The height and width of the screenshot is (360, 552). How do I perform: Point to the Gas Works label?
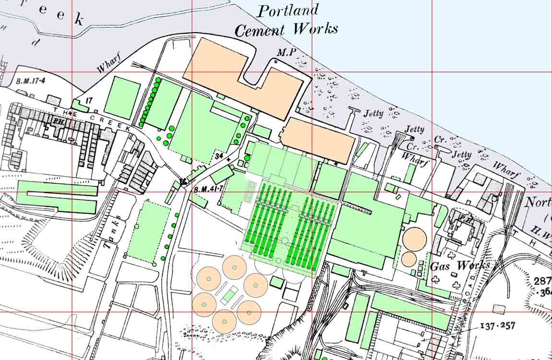pyautogui.click(x=460, y=265)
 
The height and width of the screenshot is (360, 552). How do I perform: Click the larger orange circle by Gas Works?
pyautogui.click(x=414, y=239)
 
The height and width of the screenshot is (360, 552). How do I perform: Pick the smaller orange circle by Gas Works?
pyautogui.click(x=408, y=259)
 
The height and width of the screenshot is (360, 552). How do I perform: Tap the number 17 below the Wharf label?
pyautogui.click(x=89, y=101)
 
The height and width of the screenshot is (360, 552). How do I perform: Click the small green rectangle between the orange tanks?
pyautogui.click(x=230, y=294)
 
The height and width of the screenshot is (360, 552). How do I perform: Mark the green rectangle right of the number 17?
pyautogui.click(x=122, y=97)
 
